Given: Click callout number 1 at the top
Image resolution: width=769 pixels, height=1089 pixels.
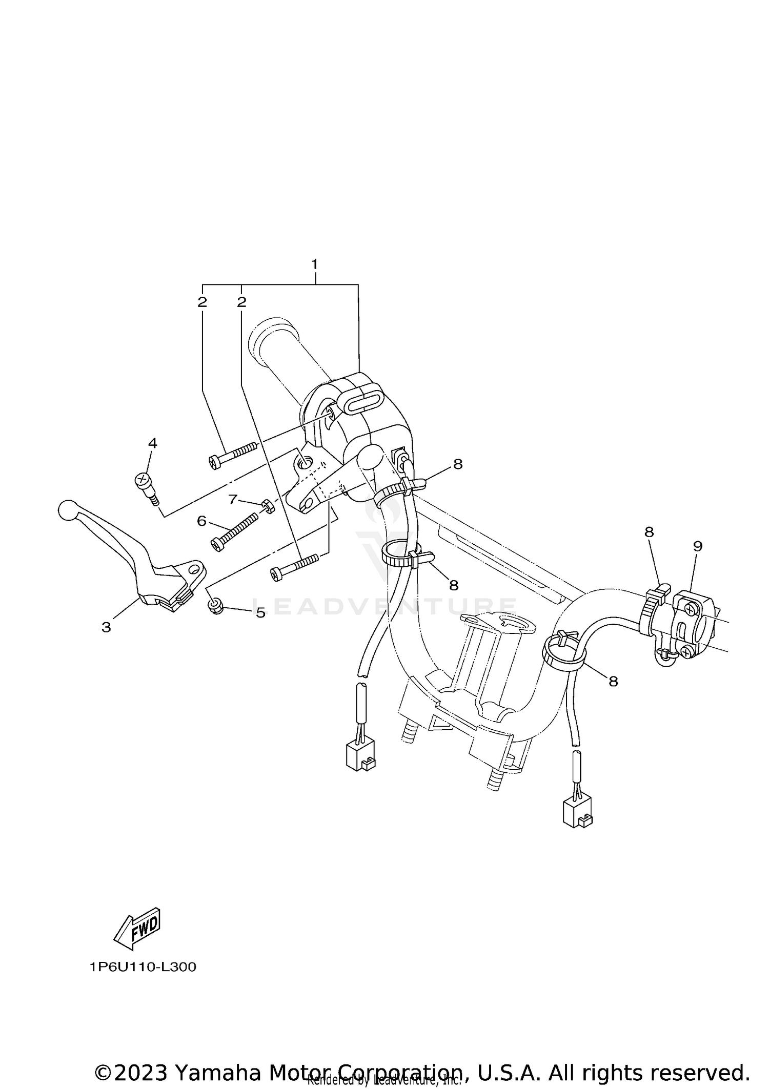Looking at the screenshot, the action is tap(315, 264).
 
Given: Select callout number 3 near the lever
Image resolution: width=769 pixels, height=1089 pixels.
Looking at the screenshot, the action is tap(106, 627).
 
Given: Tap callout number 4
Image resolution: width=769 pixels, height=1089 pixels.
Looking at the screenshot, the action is tap(152, 443).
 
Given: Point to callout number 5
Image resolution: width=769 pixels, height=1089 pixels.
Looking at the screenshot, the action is tap(260, 612).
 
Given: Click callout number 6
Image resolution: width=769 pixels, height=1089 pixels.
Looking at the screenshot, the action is tap(201, 521).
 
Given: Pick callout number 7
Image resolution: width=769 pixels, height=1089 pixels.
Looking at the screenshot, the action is tap(233, 499).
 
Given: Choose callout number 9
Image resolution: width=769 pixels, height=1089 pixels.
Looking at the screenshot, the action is tap(697, 546).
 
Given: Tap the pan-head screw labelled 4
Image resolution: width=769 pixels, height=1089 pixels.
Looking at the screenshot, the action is tap(145, 485).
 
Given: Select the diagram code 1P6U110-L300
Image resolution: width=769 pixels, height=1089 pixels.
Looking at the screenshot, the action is tap(143, 967).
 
